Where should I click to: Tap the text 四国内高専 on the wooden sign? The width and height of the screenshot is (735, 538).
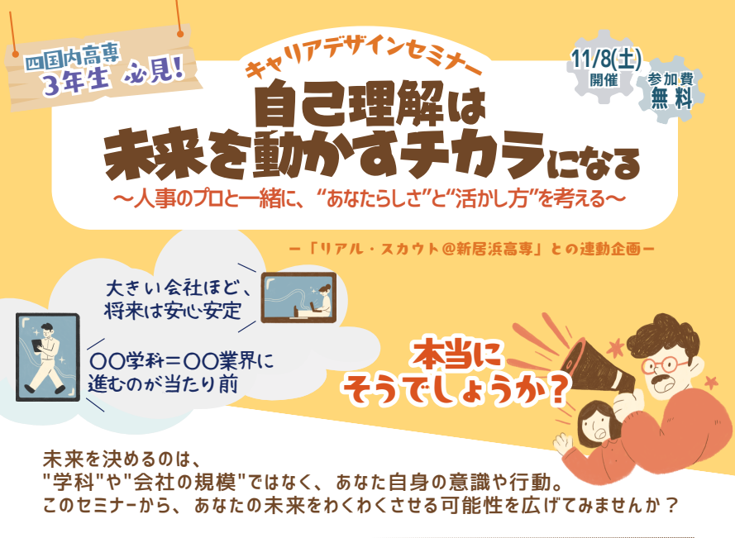pos(73,59)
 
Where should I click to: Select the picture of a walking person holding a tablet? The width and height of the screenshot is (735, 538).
pos(47,356)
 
